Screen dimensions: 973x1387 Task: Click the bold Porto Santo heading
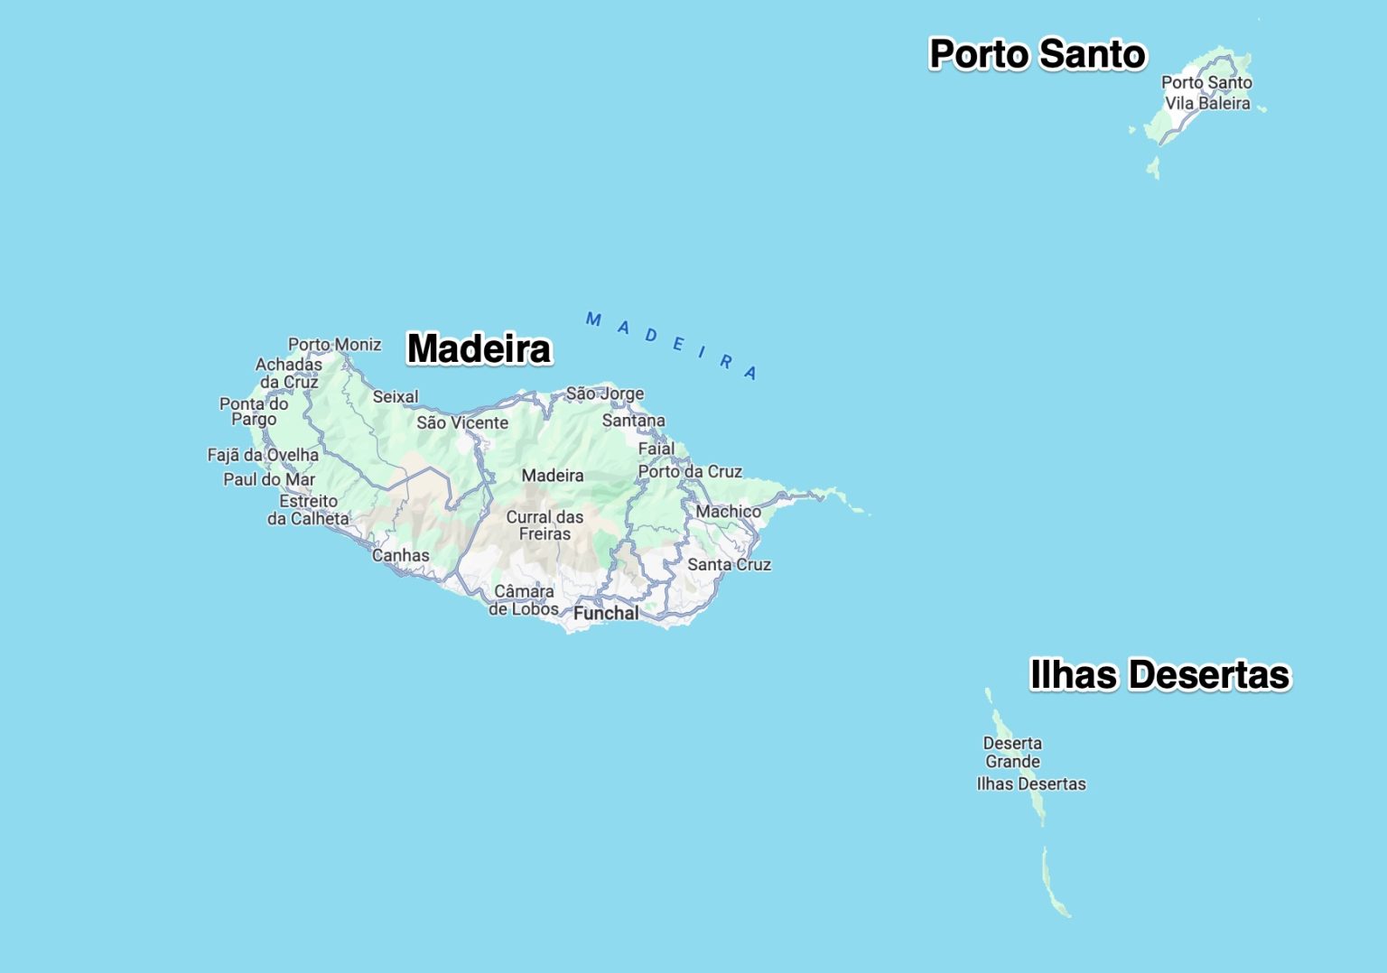coord(1038,54)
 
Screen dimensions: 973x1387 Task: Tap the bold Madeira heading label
coord(479,348)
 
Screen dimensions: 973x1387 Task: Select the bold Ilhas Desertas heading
coord(1159,675)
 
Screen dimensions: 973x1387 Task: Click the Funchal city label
coord(606,613)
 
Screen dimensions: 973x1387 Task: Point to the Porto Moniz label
coord(334,344)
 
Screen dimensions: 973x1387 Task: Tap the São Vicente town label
coord(462,422)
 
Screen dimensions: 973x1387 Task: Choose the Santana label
coord(633,421)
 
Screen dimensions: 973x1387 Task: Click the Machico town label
coord(728,512)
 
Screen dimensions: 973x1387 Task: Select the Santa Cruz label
coord(729,564)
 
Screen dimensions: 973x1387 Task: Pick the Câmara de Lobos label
coord(524,600)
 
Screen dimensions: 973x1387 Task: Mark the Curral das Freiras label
coord(545,525)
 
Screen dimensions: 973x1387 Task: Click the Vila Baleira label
coord(1207,103)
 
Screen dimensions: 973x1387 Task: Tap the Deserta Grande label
coord(1012,752)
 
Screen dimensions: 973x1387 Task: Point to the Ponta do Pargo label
coord(254,412)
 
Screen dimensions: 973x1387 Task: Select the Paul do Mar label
coord(269,479)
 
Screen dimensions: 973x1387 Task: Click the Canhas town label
coord(401,555)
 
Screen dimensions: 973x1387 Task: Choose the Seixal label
coord(396,396)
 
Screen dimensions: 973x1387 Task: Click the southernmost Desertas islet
coord(1055,885)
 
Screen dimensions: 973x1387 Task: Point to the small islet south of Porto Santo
coord(1153,168)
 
